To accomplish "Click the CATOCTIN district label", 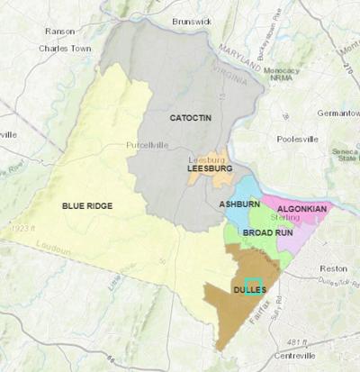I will click(189, 118).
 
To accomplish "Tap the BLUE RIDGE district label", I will click(87, 206).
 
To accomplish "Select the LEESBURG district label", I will click(210, 168).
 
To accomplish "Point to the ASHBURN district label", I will click(239, 204).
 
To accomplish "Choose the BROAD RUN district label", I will click(267, 232).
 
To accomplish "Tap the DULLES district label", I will click(249, 290).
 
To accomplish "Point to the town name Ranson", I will click(59, 31).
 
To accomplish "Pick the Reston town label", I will click(332, 268).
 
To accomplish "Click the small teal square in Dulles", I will click(254, 286).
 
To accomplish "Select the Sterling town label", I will click(287, 217).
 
